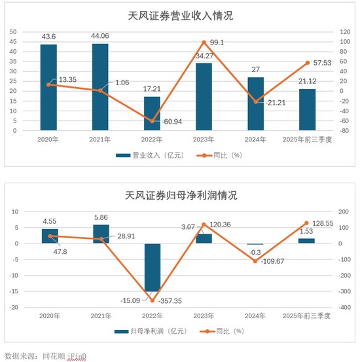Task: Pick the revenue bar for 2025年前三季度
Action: point(308,109)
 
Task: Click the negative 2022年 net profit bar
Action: point(152,267)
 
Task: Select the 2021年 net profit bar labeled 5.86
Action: point(100,234)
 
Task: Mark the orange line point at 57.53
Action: point(308,63)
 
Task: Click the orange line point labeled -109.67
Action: point(256,261)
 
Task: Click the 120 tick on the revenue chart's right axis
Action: point(344,31)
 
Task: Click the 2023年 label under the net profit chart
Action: point(204,316)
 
